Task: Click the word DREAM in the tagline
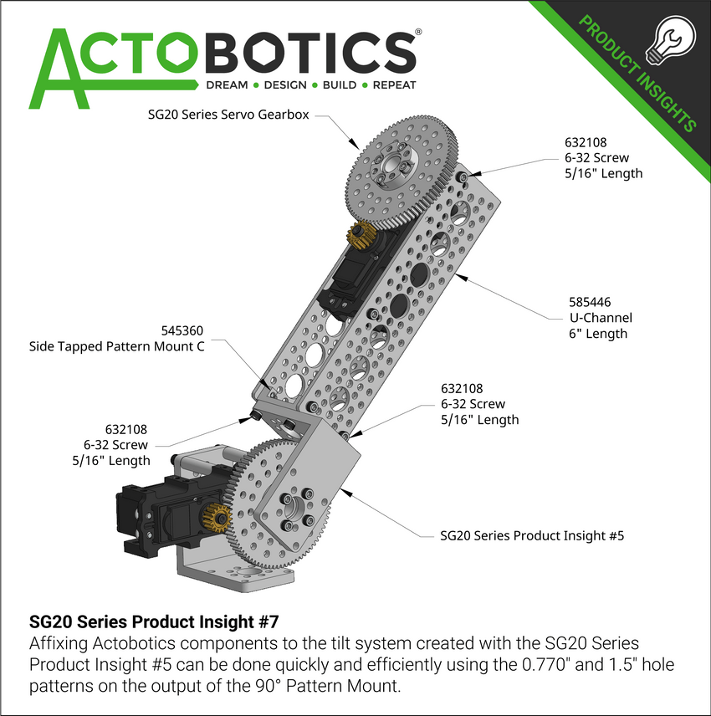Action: [228, 85]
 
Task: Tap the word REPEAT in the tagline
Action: [394, 85]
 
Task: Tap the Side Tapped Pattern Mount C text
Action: [116, 345]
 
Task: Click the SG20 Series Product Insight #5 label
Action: [532, 535]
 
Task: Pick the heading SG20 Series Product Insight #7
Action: [153, 622]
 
